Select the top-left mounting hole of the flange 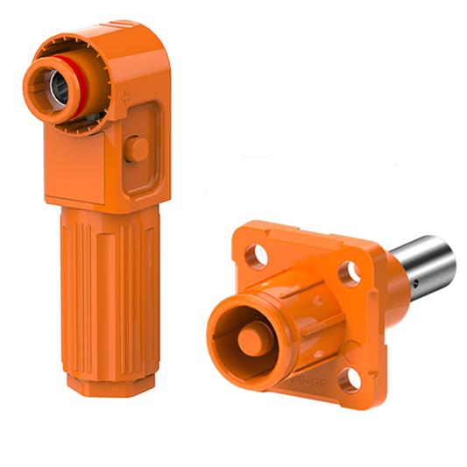(256, 256)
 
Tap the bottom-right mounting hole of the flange (351, 379)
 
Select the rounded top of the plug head (131, 35)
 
